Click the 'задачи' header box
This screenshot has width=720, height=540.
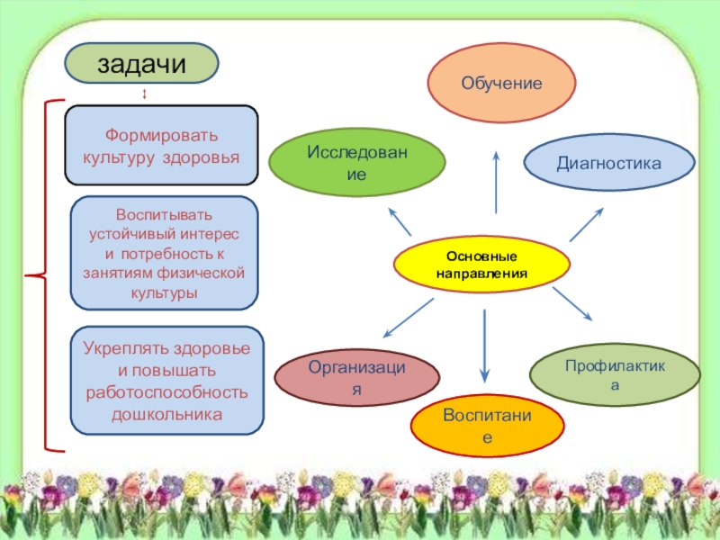(x=141, y=64)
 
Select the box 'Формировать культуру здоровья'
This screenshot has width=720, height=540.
(x=162, y=146)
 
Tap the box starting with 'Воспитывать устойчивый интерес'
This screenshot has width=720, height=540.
(x=164, y=254)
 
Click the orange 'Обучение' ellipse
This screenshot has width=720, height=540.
(x=501, y=83)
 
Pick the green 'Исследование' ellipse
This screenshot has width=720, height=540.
(x=357, y=162)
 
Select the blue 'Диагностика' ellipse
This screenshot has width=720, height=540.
(x=609, y=163)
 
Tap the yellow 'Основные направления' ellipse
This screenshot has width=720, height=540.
(x=482, y=265)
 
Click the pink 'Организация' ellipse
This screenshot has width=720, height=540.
(x=357, y=378)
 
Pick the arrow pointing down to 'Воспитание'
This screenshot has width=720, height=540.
(x=484, y=346)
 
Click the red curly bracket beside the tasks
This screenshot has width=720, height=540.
(x=40, y=274)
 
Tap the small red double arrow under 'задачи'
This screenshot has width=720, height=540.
(x=145, y=94)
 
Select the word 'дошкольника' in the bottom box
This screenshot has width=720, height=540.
(x=166, y=415)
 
